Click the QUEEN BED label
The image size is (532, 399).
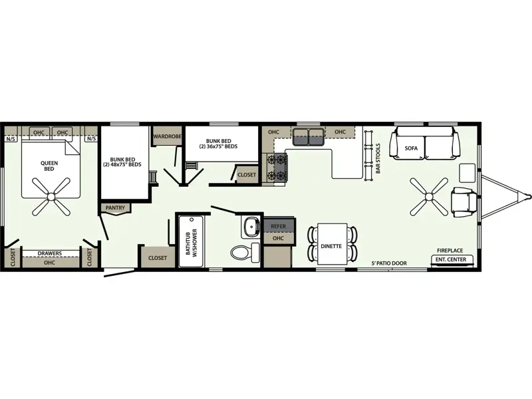[x=49, y=166]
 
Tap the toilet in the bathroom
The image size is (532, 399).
[x=245, y=253]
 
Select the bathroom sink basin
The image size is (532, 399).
[x=251, y=224]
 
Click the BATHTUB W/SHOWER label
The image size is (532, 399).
[x=192, y=242]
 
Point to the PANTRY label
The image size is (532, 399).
[x=115, y=207]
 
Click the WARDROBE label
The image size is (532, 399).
[x=168, y=136]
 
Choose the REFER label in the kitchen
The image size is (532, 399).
[x=278, y=226]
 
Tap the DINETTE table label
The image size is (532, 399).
[x=331, y=246]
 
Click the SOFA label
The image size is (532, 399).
[x=411, y=148]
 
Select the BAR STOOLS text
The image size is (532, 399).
[x=378, y=158]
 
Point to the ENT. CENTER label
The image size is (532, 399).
[x=451, y=259]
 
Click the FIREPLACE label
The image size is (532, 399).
[x=450, y=251]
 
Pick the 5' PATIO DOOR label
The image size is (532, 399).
[x=389, y=263]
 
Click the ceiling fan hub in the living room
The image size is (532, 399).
[x=429, y=196]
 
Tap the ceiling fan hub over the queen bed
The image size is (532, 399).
[x=51, y=197]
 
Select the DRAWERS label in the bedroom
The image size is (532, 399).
[x=49, y=253]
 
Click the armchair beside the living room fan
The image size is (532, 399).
[x=464, y=202]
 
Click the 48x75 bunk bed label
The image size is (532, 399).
[x=122, y=162]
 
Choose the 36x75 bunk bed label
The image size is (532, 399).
[x=218, y=144]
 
